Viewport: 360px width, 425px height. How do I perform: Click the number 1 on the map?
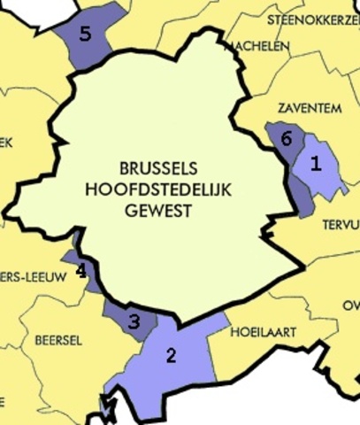pyautogui.click(x=316, y=163)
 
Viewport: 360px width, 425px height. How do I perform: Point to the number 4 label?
pyautogui.click(x=80, y=270)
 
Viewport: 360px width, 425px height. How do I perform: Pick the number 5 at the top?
pyautogui.click(x=85, y=35)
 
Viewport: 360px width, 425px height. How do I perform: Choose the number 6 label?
pyautogui.click(x=285, y=139)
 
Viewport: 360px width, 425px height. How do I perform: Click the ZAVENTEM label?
pyautogui.click(x=310, y=108)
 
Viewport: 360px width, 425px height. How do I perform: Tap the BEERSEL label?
pyautogui.click(x=57, y=339)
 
